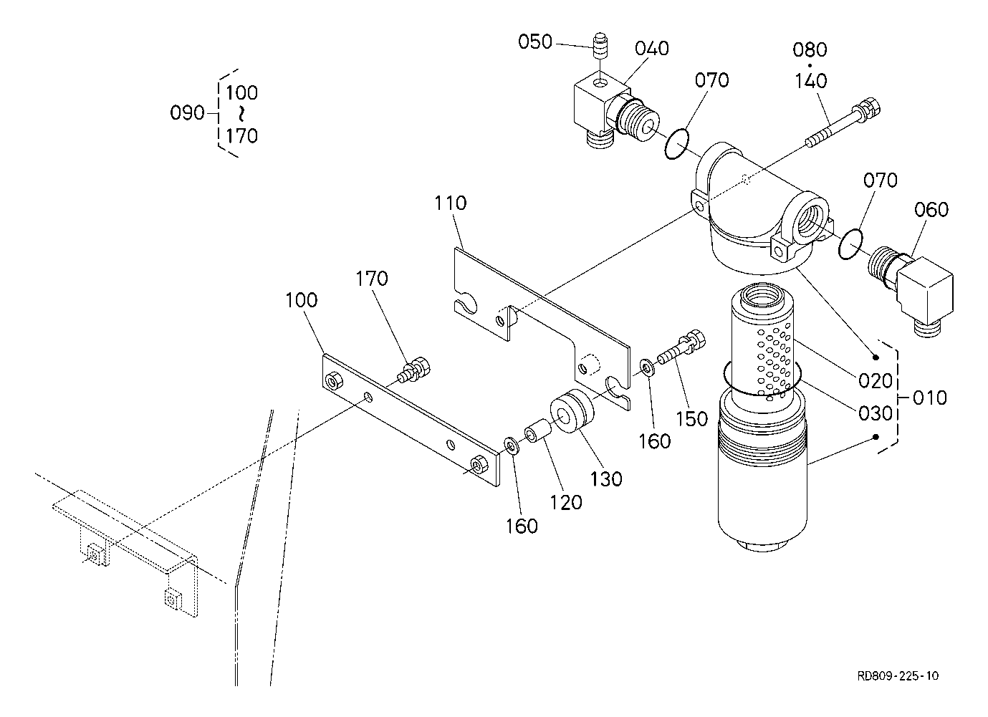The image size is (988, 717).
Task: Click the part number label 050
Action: [x=535, y=42]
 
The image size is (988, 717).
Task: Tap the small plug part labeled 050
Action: [x=600, y=45]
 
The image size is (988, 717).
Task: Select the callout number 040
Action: [x=652, y=49]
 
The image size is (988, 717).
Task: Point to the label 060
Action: [x=931, y=209]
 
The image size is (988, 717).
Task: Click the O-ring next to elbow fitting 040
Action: [x=676, y=144]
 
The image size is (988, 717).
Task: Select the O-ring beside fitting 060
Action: [x=850, y=244]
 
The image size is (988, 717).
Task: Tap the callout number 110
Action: [x=451, y=203]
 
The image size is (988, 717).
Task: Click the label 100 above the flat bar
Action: [x=301, y=300]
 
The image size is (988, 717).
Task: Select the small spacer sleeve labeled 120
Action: [x=537, y=433]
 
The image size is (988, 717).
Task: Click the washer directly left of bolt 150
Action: [x=648, y=367]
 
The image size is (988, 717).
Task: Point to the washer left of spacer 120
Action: [x=512, y=446]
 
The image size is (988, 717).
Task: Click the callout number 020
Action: [x=875, y=380]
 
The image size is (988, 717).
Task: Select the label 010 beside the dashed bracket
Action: [x=930, y=398]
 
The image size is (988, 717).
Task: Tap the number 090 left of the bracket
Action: [x=187, y=113]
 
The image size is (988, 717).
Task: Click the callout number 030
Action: [x=875, y=413]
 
